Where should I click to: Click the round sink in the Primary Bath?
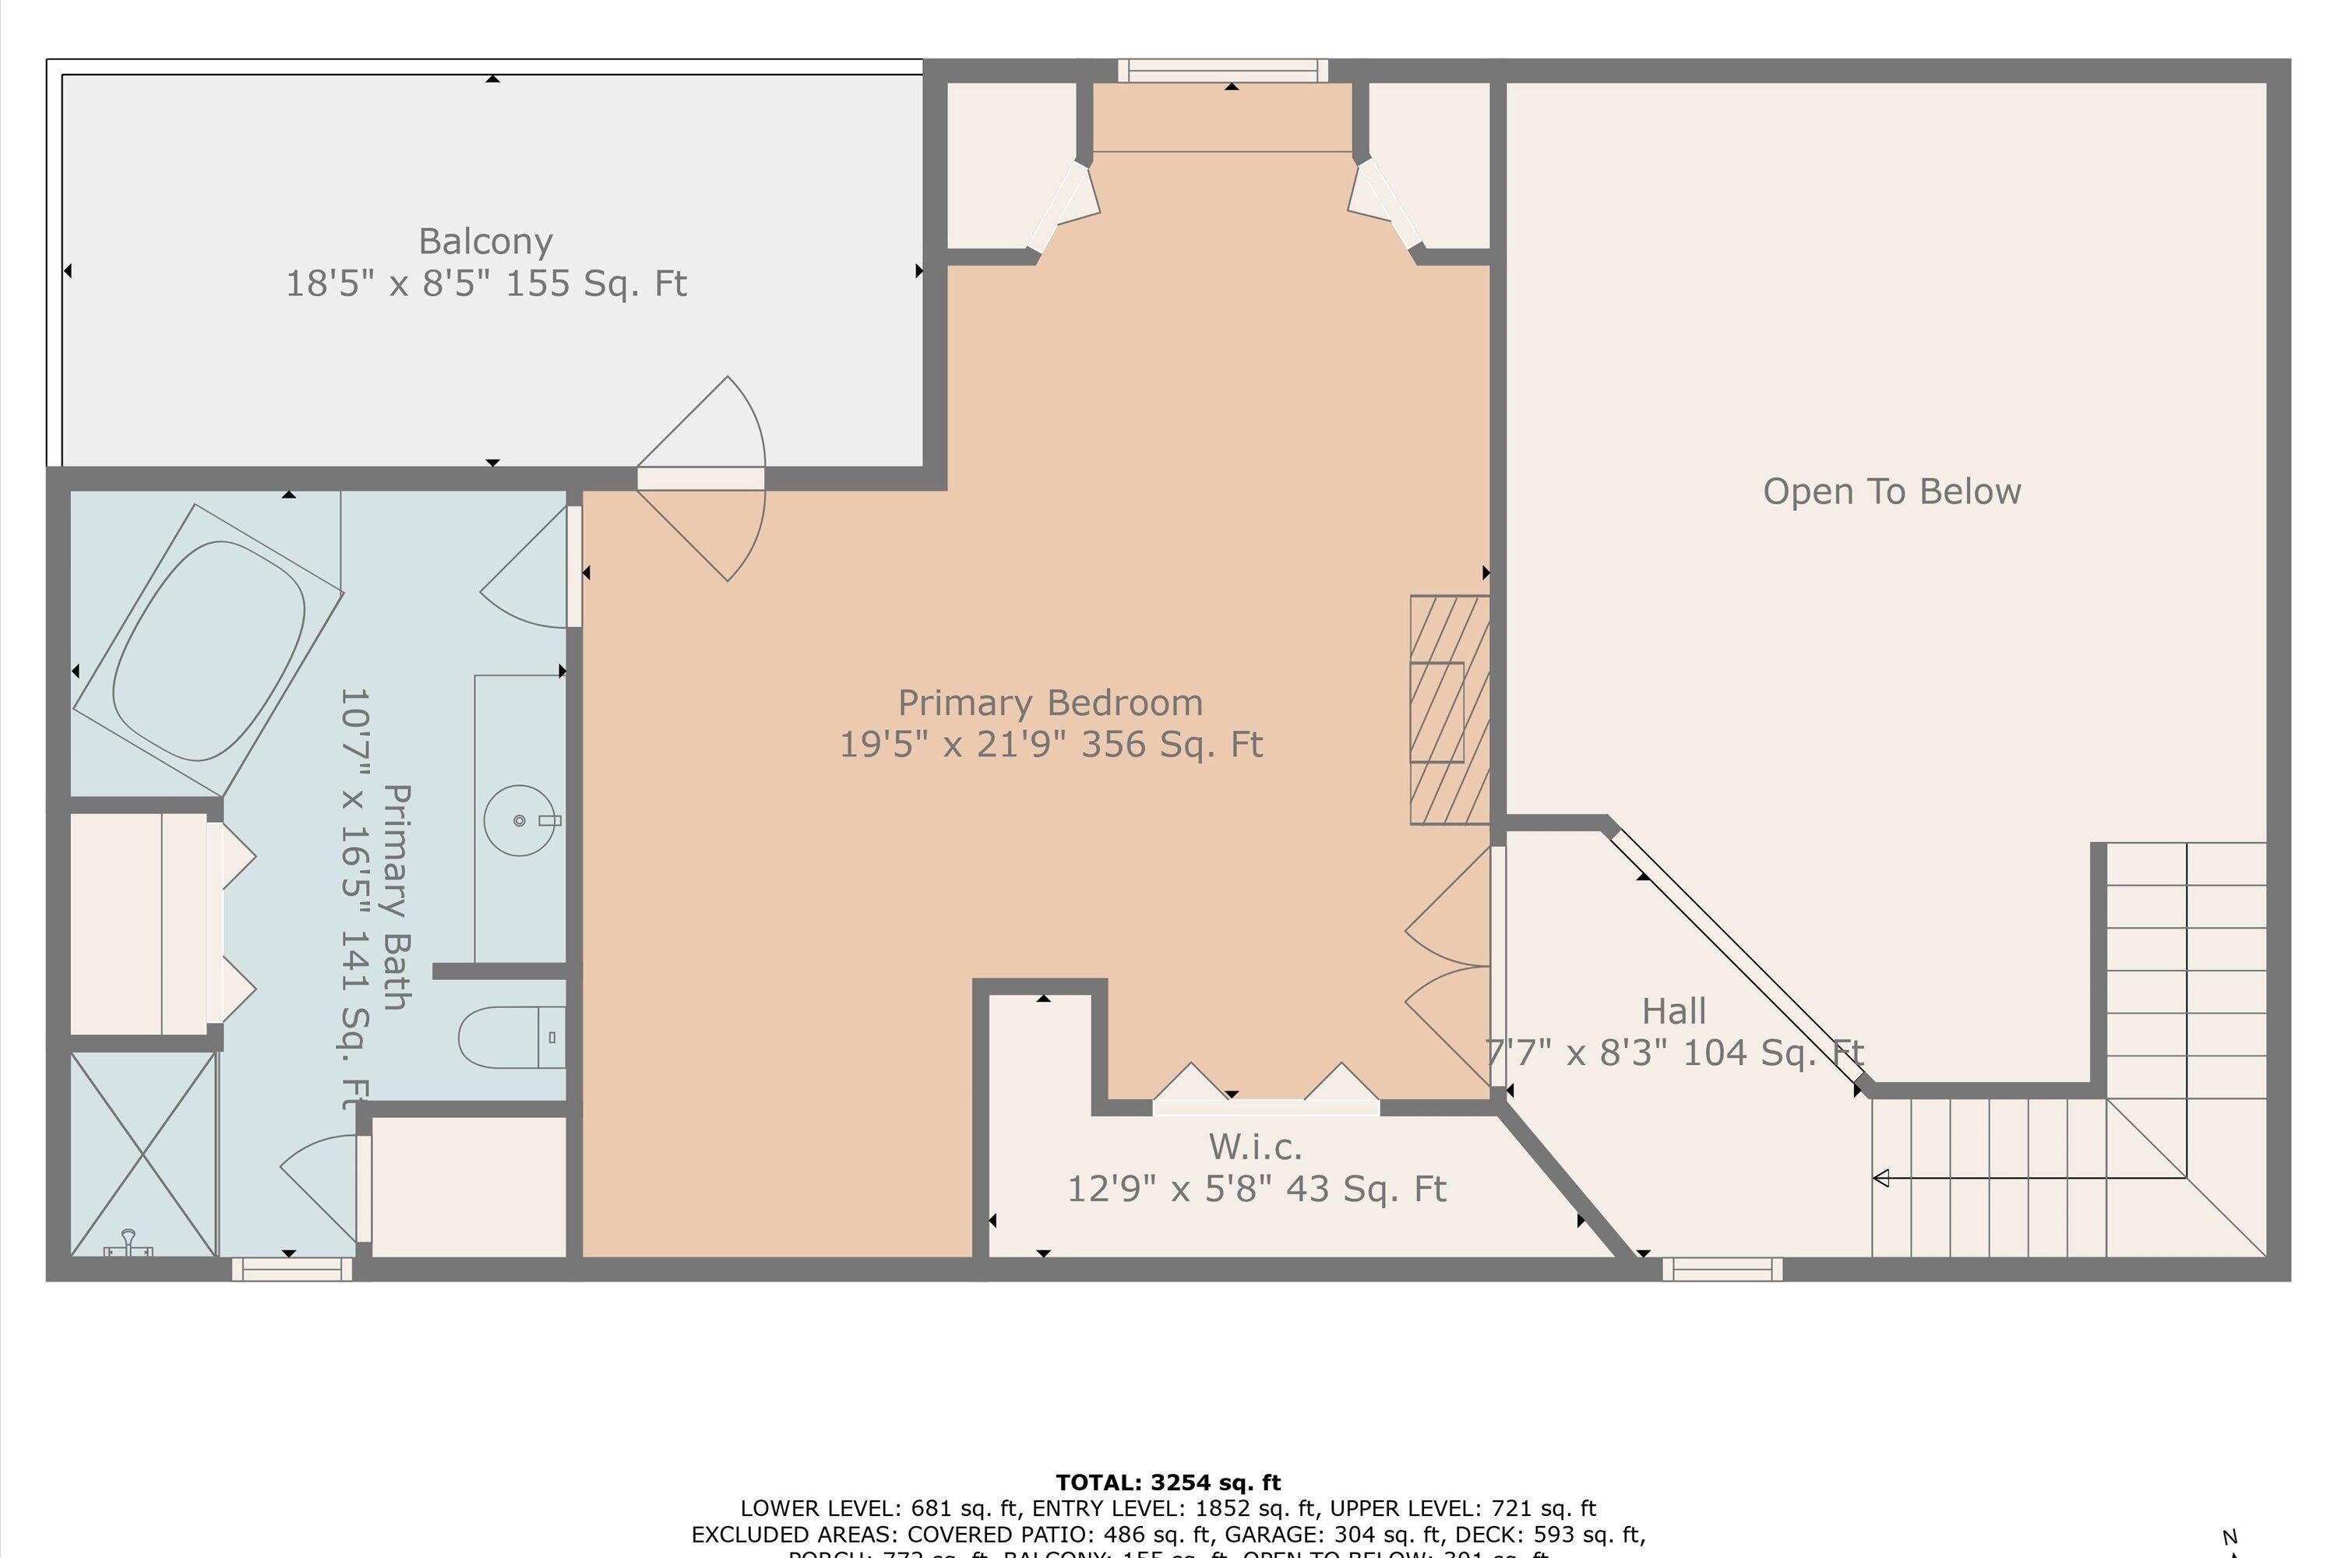519,821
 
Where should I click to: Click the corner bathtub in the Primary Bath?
209,650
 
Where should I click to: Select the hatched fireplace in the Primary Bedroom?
1449,710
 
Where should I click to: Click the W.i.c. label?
1254,1147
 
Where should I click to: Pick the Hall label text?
1673,1011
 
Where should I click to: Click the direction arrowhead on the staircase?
1880,1179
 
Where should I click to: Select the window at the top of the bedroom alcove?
1222,69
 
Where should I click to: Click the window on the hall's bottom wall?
1721,1269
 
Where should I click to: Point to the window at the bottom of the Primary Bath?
291,1269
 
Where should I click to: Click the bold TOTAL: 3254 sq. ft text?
1168,1483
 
